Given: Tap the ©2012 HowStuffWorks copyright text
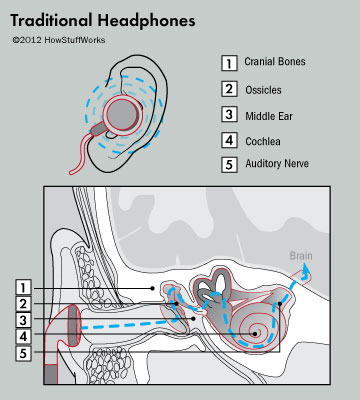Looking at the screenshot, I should (x=58, y=40).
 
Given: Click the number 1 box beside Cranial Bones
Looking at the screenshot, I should (x=228, y=62).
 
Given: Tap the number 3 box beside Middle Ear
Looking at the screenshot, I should (x=228, y=114).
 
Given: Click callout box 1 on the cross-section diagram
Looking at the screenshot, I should (x=24, y=287).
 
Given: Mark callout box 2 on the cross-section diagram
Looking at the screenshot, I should (x=24, y=303).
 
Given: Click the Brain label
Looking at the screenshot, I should (x=301, y=256).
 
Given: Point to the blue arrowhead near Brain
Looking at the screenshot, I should (x=306, y=271).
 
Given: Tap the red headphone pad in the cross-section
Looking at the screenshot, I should (x=72, y=327).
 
